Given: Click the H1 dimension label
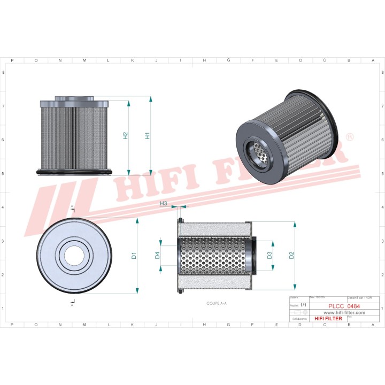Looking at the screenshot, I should pos(147,136).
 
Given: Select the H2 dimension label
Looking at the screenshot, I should pos(125,136).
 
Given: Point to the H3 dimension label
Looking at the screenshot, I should pos(164,203).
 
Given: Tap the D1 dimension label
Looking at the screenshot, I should pos(134,256).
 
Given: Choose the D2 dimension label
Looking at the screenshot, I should pos(291,256).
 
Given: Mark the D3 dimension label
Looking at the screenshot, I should pos(270,256).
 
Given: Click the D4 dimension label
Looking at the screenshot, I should pos(158,256).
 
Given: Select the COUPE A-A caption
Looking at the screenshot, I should pos(217,303).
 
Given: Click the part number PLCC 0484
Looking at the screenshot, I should pos(344,306).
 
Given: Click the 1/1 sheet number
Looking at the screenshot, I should pos(304,304).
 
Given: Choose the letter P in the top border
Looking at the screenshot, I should pos(12,60).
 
